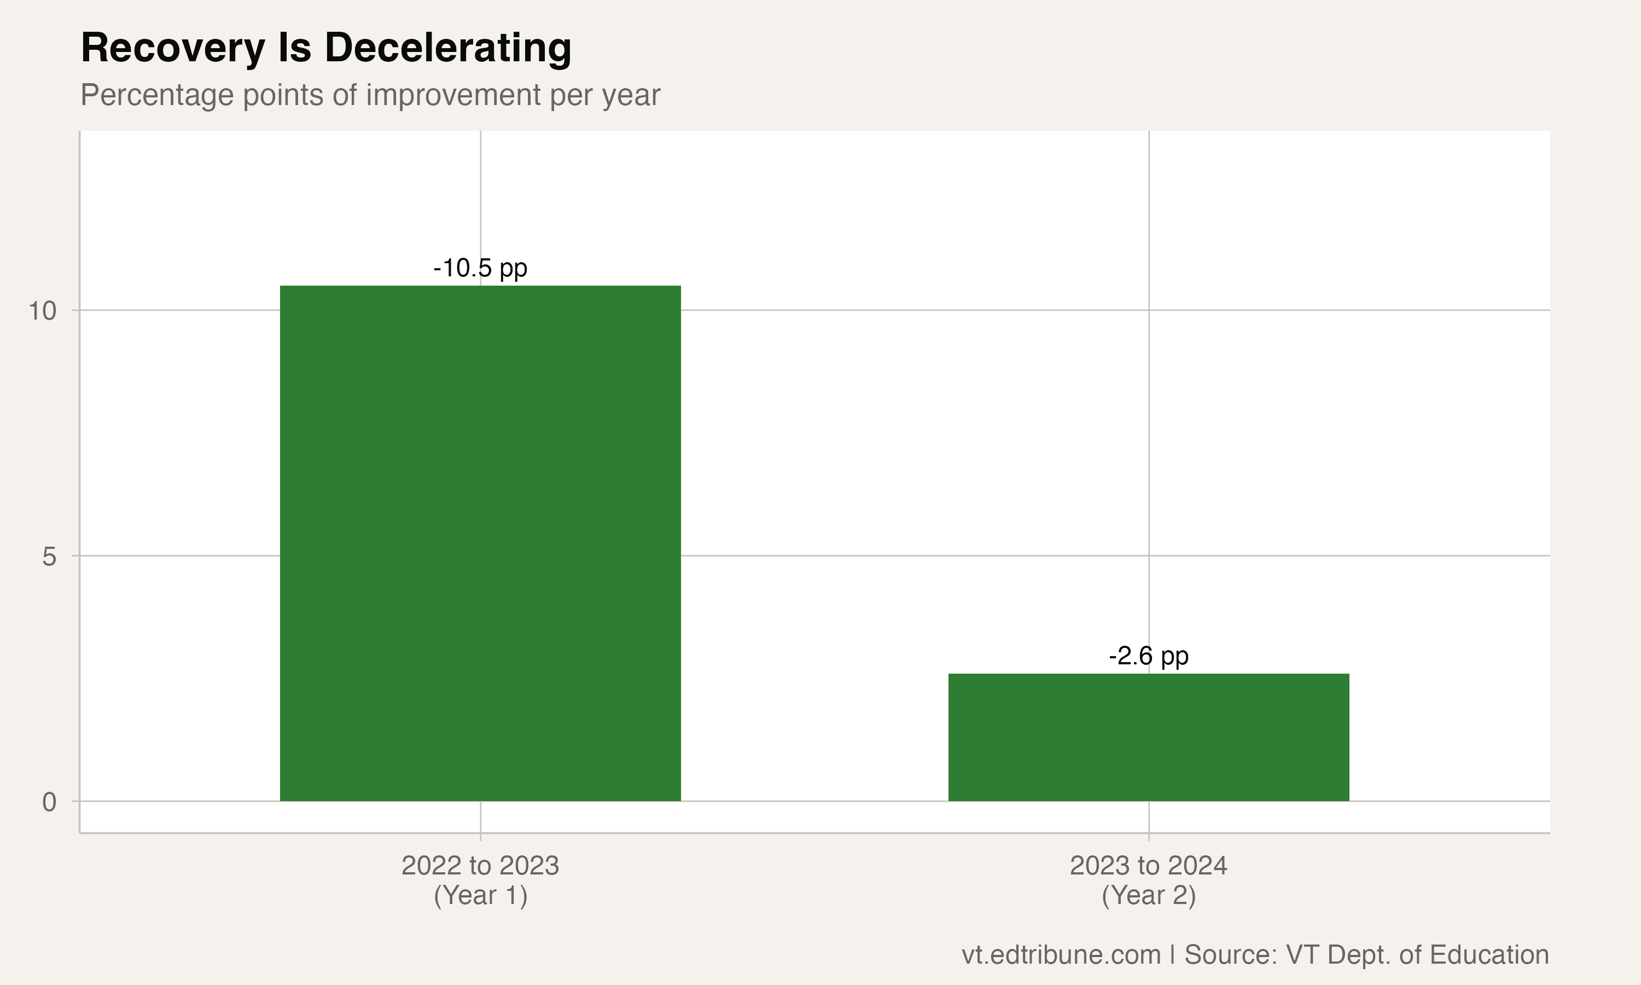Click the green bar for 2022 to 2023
[x=480, y=543]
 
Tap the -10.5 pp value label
[x=480, y=268]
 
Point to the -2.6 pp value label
[x=1148, y=656]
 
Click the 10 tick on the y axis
[x=43, y=311]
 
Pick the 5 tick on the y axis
[x=49, y=556]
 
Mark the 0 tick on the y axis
[x=49, y=802]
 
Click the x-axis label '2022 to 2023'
[x=480, y=866]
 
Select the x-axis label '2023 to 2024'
[x=1148, y=866]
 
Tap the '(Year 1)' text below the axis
[x=480, y=895]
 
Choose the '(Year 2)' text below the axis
[x=1148, y=895]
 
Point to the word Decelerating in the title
[x=448, y=49]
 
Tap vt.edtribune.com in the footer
[x=1061, y=954]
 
